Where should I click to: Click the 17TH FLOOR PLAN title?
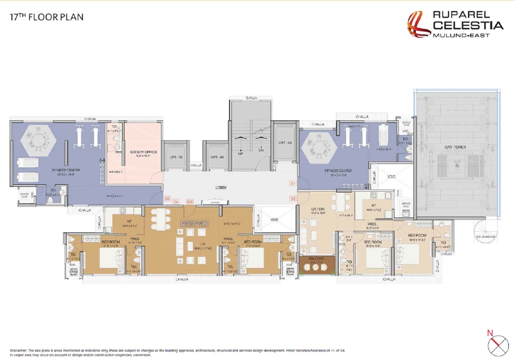(x=47, y=17)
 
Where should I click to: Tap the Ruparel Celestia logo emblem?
(x=418, y=24)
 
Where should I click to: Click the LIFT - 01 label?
(x=176, y=157)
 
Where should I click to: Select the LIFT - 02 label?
(x=217, y=157)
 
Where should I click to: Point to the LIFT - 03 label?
(x=285, y=143)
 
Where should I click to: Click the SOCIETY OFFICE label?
(x=144, y=152)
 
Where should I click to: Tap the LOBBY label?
(x=221, y=187)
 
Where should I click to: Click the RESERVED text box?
(x=195, y=223)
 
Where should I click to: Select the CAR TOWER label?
(x=455, y=147)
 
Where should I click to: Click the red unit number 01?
(x=293, y=183)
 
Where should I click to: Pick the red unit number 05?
(x=167, y=199)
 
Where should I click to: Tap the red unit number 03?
(x=190, y=202)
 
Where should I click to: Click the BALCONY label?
(x=316, y=259)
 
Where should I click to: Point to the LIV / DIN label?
(x=318, y=209)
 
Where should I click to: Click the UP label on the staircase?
(x=240, y=154)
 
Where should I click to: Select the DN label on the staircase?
(x=261, y=150)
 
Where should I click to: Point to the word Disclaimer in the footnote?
(x=18, y=350)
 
